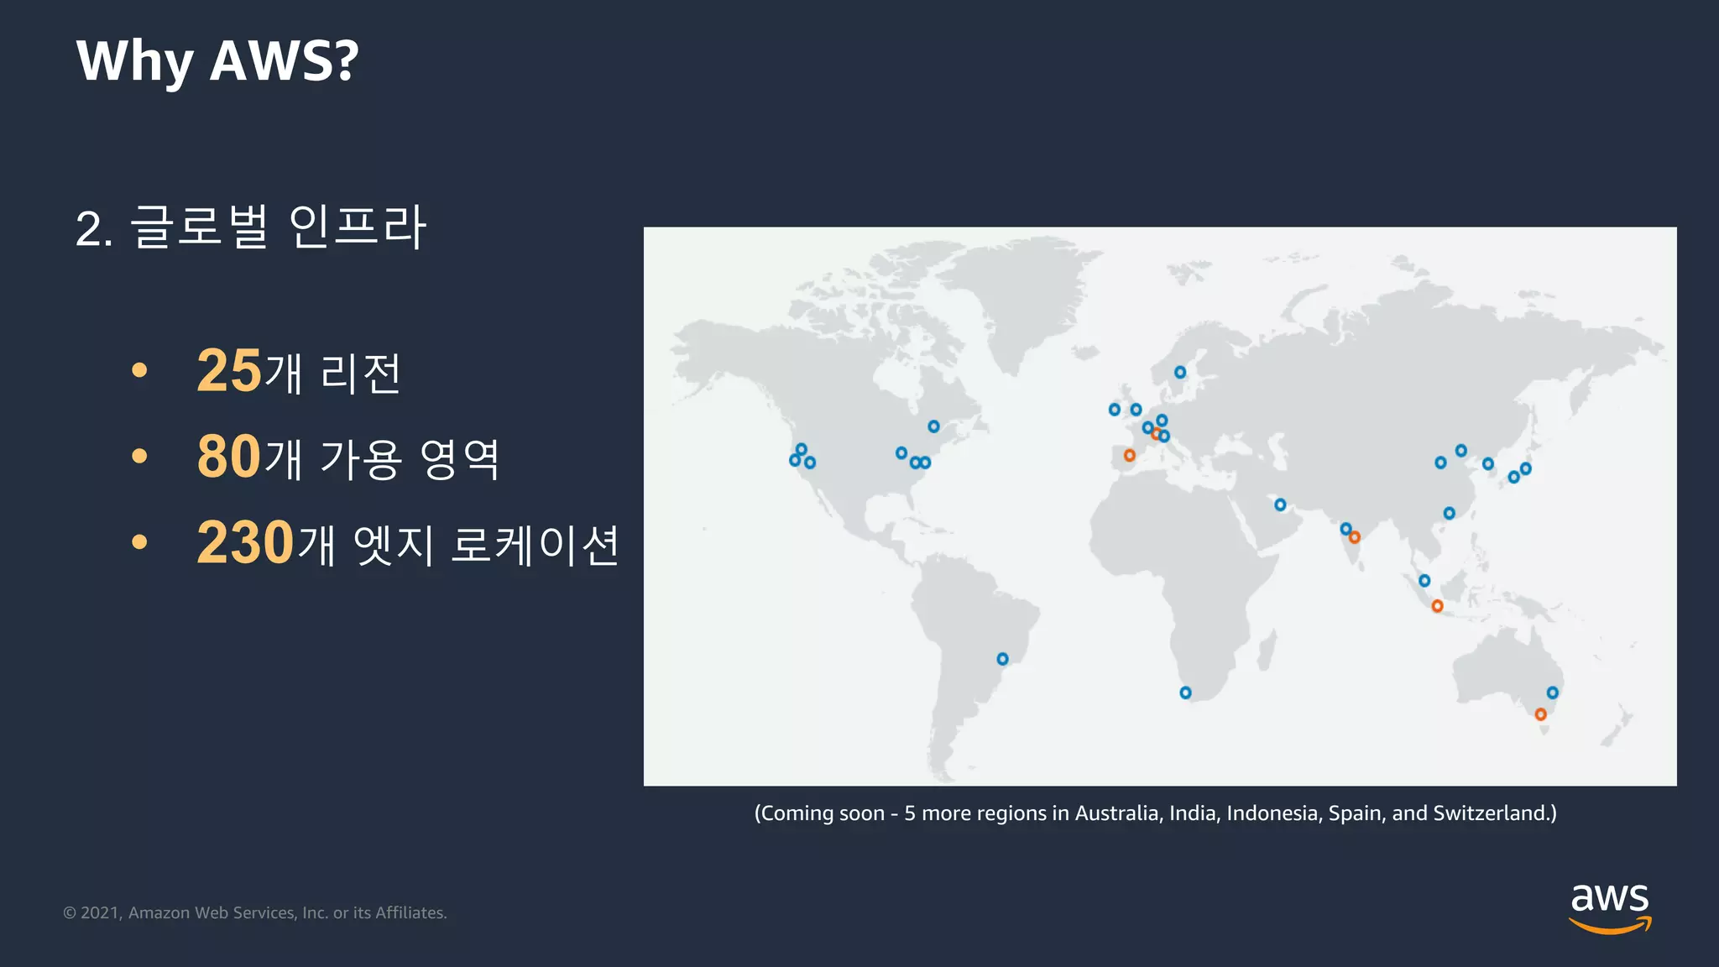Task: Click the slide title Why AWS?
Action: pyautogui.click(x=217, y=60)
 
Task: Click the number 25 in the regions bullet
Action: pyautogui.click(x=229, y=370)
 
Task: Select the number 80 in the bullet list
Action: pyautogui.click(x=229, y=457)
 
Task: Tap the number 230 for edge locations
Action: pyautogui.click(x=245, y=543)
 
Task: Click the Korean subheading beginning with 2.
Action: pyautogui.click(x=251, y=227)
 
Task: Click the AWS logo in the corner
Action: pyautogui.click(x=1609, y=907)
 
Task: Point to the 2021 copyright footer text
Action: pyautogui.click(x=255, y=912)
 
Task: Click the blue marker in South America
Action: pyautogui.click(x=1002, y=659)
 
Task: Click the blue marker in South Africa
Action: pyautogui.click(x=1185, y=693)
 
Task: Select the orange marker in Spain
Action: pyautogui.click(x=1130, y=455)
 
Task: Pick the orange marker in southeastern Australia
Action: pyautogui.click(x=1540, y=714)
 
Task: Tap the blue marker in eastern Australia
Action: pyautogui.click(x=1553, y=693)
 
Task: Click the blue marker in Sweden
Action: pyautogui.click(x=1180, y=372)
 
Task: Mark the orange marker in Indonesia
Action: pyautogui.click(x=1437, y=606)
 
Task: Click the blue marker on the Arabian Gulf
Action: pyautogui.click(x=1280, y=504)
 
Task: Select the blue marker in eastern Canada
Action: pyautogui.click(x=933, y=426)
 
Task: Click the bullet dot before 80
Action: pyautogui.click(x=139, y=457)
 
